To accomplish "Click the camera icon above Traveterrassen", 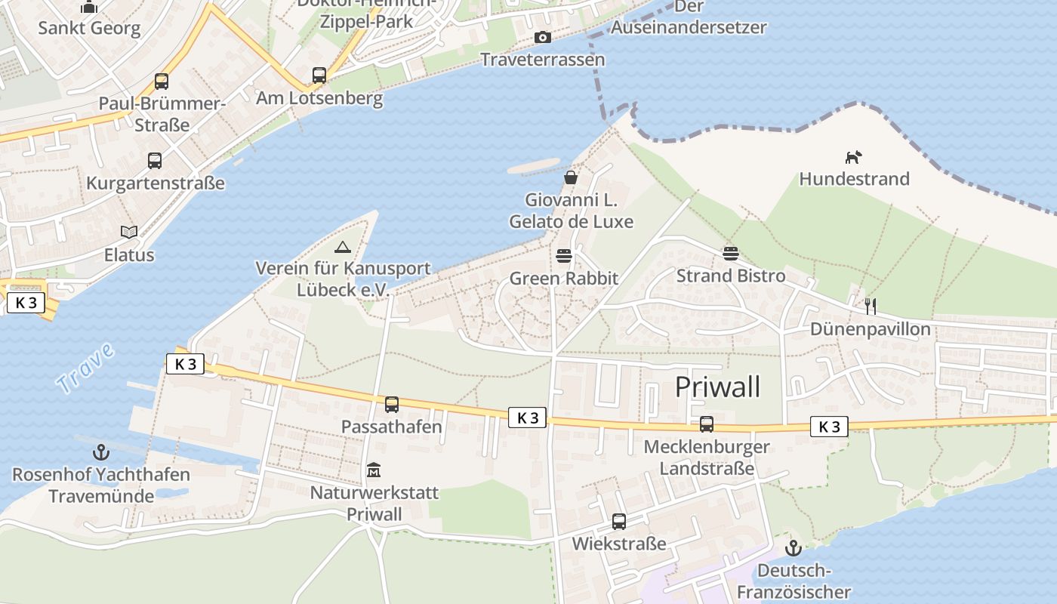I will [542, 37].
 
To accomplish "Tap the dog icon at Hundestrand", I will [853, 157].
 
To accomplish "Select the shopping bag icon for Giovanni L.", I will [571, 177].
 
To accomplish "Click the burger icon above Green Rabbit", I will [563, 255].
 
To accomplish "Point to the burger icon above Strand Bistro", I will [730, 253].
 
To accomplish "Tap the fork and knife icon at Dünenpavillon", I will [871, 306].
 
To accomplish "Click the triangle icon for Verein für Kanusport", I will [343, 246].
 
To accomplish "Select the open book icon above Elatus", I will [129, 232].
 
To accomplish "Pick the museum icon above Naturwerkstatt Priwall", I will [374, 470].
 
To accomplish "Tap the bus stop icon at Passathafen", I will [391, 404].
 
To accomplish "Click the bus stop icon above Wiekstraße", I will [618, 521].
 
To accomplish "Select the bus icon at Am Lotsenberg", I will [319, 75].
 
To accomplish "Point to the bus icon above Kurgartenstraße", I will [155, 160].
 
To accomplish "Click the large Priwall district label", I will [717, 387].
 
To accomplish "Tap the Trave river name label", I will [86, 368].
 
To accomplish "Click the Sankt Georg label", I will [89, 29].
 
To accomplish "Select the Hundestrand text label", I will [854, 179].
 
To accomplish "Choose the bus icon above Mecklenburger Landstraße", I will [706, 424].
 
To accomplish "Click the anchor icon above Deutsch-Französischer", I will [793, 548].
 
